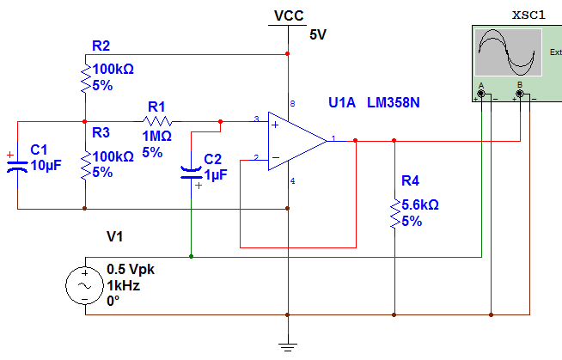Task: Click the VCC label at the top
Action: (288, 15)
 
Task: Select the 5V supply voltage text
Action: (319, 34)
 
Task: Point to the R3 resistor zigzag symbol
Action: (85, 168)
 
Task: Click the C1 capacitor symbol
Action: (17, 164)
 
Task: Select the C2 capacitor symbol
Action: (190, 170)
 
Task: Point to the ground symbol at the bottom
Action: (288, 345)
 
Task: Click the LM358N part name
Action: (394, 103)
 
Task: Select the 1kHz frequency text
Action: (122, 284)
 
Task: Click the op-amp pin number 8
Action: (293, 104)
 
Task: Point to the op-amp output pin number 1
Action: (333, 136)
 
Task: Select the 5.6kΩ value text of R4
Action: (421, 205)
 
